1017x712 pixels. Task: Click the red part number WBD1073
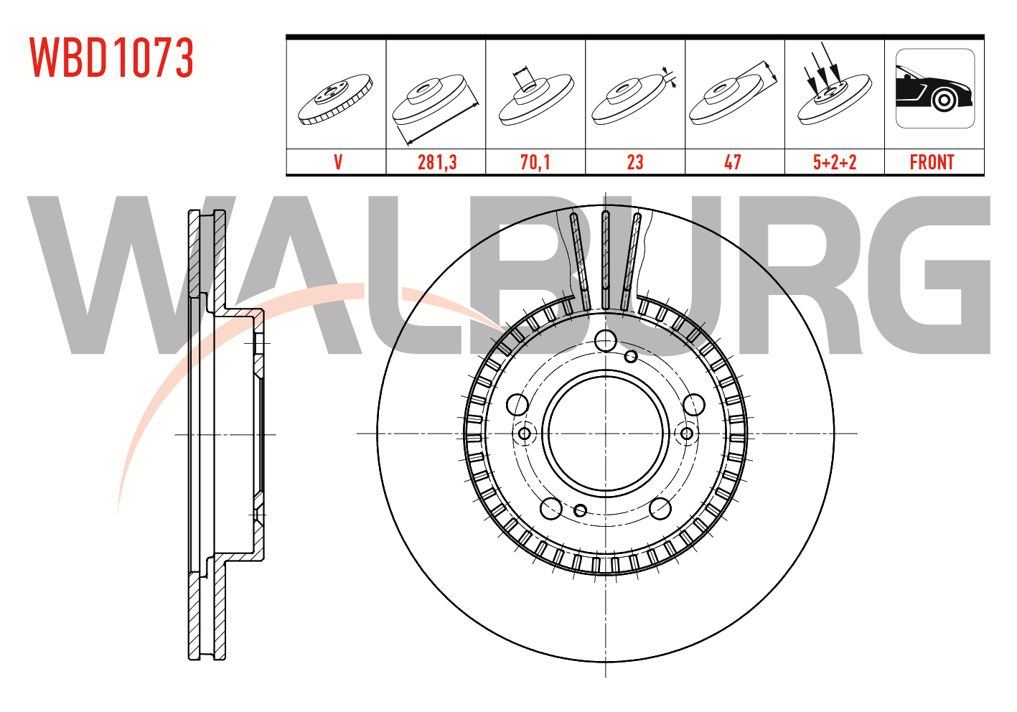point(112,57)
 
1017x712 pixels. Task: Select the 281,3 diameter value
point(437,162)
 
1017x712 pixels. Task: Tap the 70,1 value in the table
point(535,162)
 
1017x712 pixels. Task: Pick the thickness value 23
point(635,162)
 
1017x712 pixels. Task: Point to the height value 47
point(734,162)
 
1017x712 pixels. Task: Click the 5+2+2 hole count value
point(835,162)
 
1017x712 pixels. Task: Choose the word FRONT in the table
point(932,162)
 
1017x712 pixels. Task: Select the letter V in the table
point(338,162)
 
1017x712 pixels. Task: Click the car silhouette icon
point(935,88)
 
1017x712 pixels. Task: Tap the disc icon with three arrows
point(835,86)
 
